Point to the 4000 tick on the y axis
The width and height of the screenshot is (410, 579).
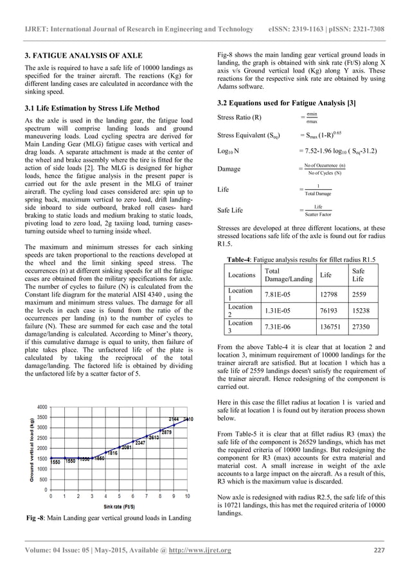click(41, 408)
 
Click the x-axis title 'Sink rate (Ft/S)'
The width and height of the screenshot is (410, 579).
click(120, 506)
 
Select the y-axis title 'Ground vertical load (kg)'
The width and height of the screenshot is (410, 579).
click(31, 451)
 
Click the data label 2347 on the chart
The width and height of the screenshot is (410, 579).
click(141, 443)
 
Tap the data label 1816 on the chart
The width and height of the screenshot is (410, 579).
click(111, 453)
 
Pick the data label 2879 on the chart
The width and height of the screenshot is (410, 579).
click(166, 432)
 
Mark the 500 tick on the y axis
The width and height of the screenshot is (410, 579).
click(42, 480)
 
